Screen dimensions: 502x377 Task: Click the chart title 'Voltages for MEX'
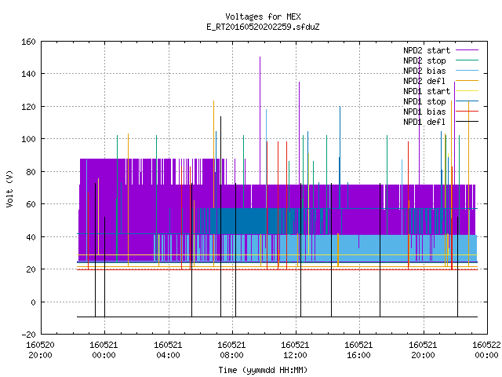[263, 16]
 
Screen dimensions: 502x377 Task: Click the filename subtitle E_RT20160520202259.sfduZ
[263, 27]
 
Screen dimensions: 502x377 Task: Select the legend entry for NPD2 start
[441, 50]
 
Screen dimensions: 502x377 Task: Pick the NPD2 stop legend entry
[441, 60]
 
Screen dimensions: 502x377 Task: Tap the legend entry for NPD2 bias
[441, 71]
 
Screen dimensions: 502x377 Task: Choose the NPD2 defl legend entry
[441, 81]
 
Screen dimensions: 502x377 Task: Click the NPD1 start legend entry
[441, 91]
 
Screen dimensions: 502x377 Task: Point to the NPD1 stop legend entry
[441, 101]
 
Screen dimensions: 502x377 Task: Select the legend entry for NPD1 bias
[441, 112]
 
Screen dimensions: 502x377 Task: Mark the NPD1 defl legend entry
[441, 123]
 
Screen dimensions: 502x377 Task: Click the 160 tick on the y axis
[28, 42]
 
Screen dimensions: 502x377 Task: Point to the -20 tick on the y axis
[28, 335]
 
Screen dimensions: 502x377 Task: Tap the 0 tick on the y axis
[33, 302]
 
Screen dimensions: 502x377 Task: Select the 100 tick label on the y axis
[28, 139]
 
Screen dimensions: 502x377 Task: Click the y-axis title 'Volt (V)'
[10, 188]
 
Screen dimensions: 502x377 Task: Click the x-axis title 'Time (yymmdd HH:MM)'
[263, 370]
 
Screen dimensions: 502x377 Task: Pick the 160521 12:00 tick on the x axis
[296, 350]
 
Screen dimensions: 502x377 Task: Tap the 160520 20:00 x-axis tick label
[40, 350]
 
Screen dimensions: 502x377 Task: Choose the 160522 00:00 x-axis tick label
[486, 350]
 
